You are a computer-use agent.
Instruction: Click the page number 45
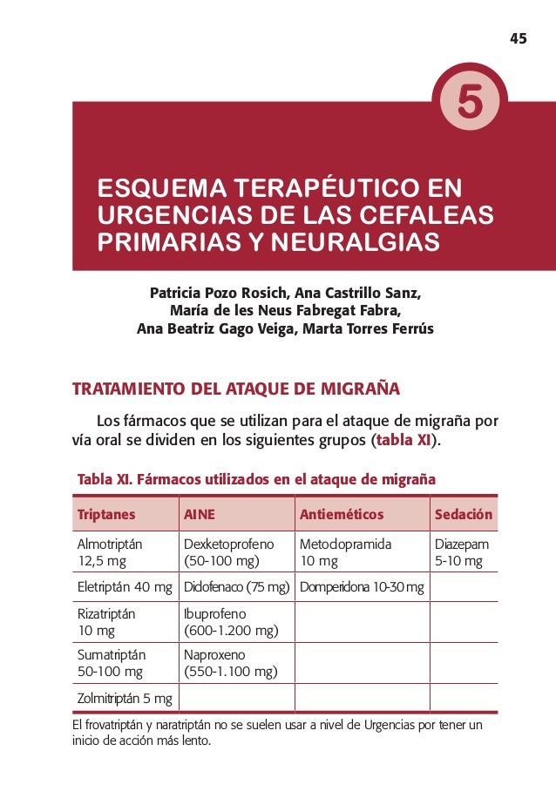[519, 38]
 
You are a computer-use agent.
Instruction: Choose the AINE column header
[199, 514]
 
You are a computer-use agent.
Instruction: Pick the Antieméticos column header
[342, 514]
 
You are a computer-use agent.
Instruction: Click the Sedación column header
[464, 514]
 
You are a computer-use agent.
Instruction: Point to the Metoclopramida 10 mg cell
[346, 552]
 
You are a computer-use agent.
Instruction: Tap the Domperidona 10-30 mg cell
[362, 586]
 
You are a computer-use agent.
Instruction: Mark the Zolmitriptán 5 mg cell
[125, 698]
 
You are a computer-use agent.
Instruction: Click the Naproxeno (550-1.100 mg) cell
[230, 663]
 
